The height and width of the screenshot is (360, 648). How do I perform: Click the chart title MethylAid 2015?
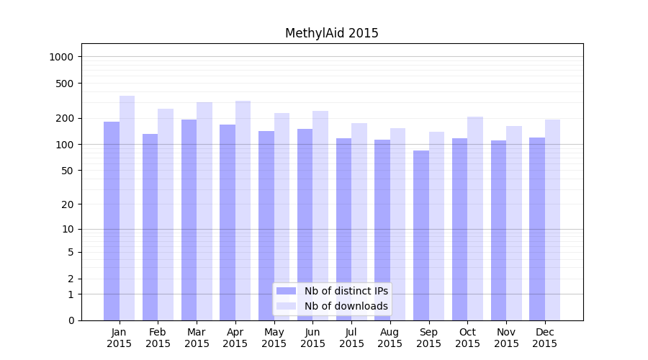point(331,33)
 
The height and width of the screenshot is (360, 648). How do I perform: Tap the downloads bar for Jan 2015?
point(127,208)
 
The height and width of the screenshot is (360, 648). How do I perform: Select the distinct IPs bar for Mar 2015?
point(189,220)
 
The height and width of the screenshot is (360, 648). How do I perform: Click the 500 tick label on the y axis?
point(66,84)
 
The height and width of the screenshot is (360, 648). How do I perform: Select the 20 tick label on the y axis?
point(68,204)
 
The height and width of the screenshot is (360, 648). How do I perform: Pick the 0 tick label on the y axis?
point(71,320)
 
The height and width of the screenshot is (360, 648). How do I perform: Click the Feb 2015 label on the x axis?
point(158,338)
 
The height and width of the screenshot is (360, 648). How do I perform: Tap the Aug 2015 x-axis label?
point(390,338)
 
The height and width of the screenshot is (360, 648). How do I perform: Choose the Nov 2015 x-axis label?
point(506,338)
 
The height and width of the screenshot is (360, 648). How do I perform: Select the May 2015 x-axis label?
point(274,338)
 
